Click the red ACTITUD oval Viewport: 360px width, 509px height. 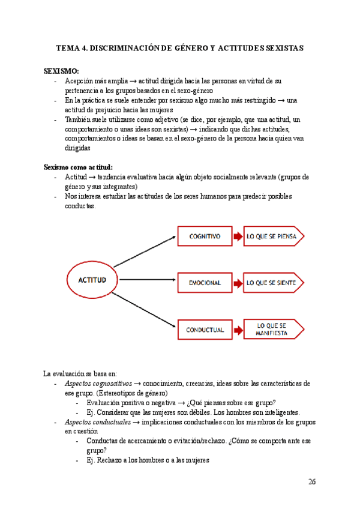92,280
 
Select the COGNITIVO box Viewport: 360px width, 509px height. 204,236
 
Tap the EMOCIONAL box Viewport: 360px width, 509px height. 204,282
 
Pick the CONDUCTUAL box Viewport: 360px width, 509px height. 204,330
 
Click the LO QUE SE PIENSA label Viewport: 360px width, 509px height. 271,236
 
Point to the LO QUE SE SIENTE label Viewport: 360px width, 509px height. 271,282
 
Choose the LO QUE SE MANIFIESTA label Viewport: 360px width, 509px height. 271,329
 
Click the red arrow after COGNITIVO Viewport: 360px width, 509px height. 238,236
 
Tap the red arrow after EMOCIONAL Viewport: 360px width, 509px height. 238,282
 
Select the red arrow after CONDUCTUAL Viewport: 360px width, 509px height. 238,330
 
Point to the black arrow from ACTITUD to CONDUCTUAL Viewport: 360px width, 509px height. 144,309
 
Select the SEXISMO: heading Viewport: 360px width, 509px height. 61,71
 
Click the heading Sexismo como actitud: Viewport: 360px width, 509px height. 78,167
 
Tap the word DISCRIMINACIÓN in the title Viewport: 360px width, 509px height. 124,47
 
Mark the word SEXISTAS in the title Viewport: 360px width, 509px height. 281,47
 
